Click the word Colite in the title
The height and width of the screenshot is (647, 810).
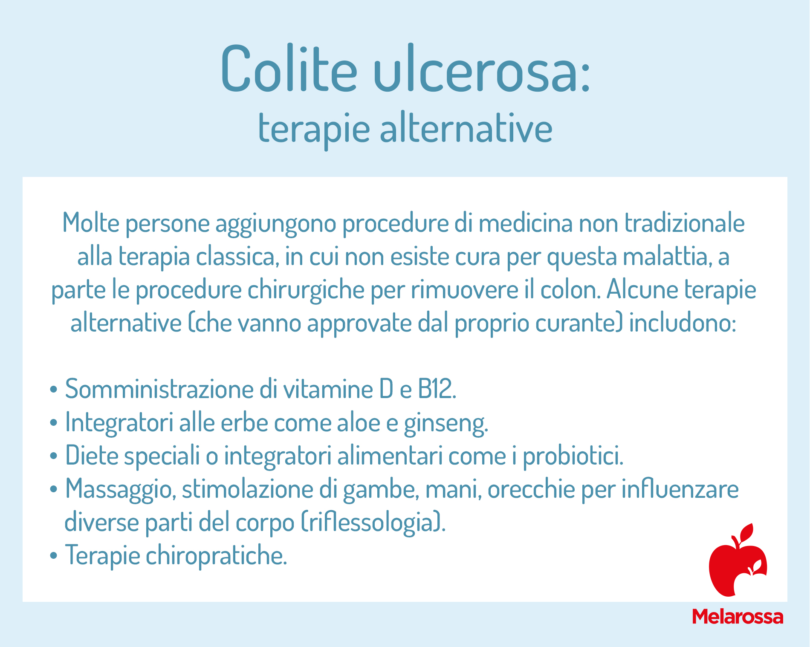tap(289, 68)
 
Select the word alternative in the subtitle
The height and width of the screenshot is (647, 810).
tap(466, 128)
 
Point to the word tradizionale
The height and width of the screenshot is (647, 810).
tap(684, 222)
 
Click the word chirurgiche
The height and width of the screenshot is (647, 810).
tap(306, 290)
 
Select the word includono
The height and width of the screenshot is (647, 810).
tap(682, 323)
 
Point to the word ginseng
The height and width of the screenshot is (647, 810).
tap(445, 423)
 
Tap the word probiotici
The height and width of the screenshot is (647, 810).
tap(572, 456)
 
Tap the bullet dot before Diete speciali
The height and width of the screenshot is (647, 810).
tap(53, 456)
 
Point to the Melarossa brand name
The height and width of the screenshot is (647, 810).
tap(738, 616)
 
